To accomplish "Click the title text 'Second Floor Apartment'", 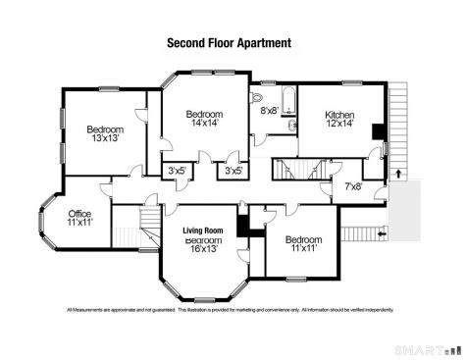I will [229, 43].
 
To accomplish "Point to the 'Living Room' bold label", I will [204, 231].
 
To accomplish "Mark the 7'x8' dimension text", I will [353, 185].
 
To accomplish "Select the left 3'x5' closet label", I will [178, 171].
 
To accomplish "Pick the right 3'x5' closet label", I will [233, 171].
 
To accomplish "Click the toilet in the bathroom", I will [257, 98].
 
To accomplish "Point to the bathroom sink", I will [291, 127].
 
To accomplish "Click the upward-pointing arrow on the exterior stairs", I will [397, 175].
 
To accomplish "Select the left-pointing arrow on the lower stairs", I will [383, 234].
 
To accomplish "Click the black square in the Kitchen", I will [379, 130].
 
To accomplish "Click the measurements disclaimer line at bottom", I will [230, 310].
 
